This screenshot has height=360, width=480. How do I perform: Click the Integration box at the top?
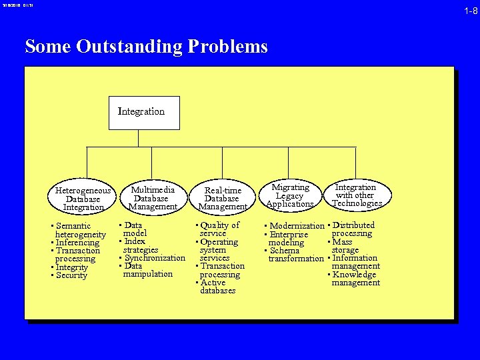[145, 113]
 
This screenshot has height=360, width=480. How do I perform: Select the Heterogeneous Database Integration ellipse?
[83, 199]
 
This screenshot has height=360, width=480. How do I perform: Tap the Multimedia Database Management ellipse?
[153, 198]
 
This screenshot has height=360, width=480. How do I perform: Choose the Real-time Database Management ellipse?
[223, 199]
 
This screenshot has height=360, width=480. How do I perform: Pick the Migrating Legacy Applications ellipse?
[290, 196]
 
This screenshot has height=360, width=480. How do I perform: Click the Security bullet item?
[71, 275]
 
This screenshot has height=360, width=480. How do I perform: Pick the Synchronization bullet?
[154, 258]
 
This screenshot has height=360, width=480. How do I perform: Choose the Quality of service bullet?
[219, 229]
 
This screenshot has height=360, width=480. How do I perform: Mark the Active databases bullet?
[217, 287]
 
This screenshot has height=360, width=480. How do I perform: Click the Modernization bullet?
[295, 226]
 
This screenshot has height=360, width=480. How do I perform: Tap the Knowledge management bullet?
[355, 279]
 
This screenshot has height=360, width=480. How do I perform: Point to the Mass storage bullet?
[343, 246]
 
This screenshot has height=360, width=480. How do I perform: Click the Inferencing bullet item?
[77, 243]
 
